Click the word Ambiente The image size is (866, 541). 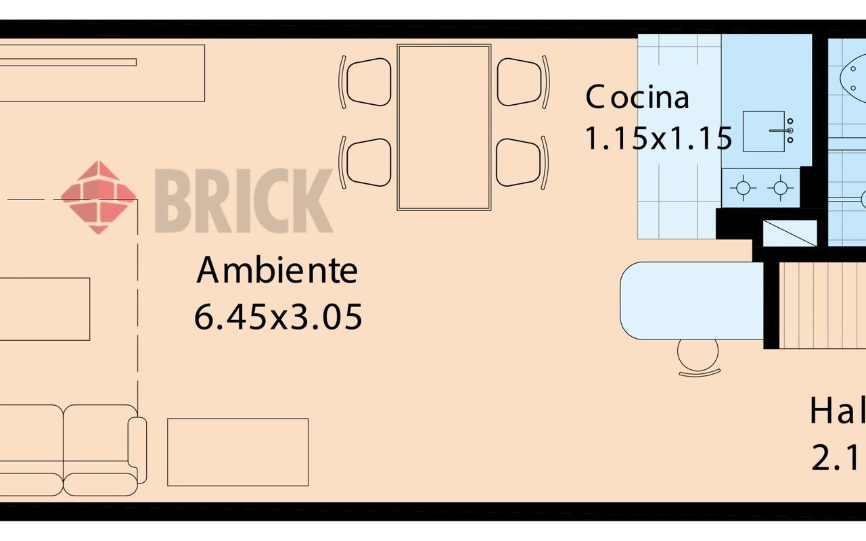pyautogui.click(x=277, y=271)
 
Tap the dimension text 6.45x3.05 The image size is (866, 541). pyautogui.click(x=278, y=316)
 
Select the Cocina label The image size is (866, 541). pyautogui.click(x=637, y=97)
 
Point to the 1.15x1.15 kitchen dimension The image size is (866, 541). pyautogui.click(x=658, y=139)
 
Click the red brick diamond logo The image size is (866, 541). pyautogui.click(x=98, y=197)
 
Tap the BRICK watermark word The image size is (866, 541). pyautogui.click(x=244, y=201)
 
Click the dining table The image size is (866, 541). pyautogui.click(x=444, y=127)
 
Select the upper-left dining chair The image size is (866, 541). pyautogui.click(x=367, y=82)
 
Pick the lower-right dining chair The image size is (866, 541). pyautogui.click(x=520, y=162)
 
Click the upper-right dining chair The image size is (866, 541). pyautogui.click(x=520, y=82)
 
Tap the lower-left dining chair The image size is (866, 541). pyautogui.click(x=367, y=162)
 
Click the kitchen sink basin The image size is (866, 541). pyautogui.click(x=764, y=131)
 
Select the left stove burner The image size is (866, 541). pyautogui.click(x=743, y=188)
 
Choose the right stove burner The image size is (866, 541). pyautogui.click(x=781, y=188)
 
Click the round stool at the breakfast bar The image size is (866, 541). pyautogui.click(x=698, y=355)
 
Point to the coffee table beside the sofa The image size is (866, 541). pyautogui.click(x=237, y=452)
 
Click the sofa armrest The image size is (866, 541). pyautogui.click(x=137, y=449)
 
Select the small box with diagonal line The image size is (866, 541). pyautogui.click(x=790, y=233)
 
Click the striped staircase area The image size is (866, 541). pyautogui.click(x=822, y=304)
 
